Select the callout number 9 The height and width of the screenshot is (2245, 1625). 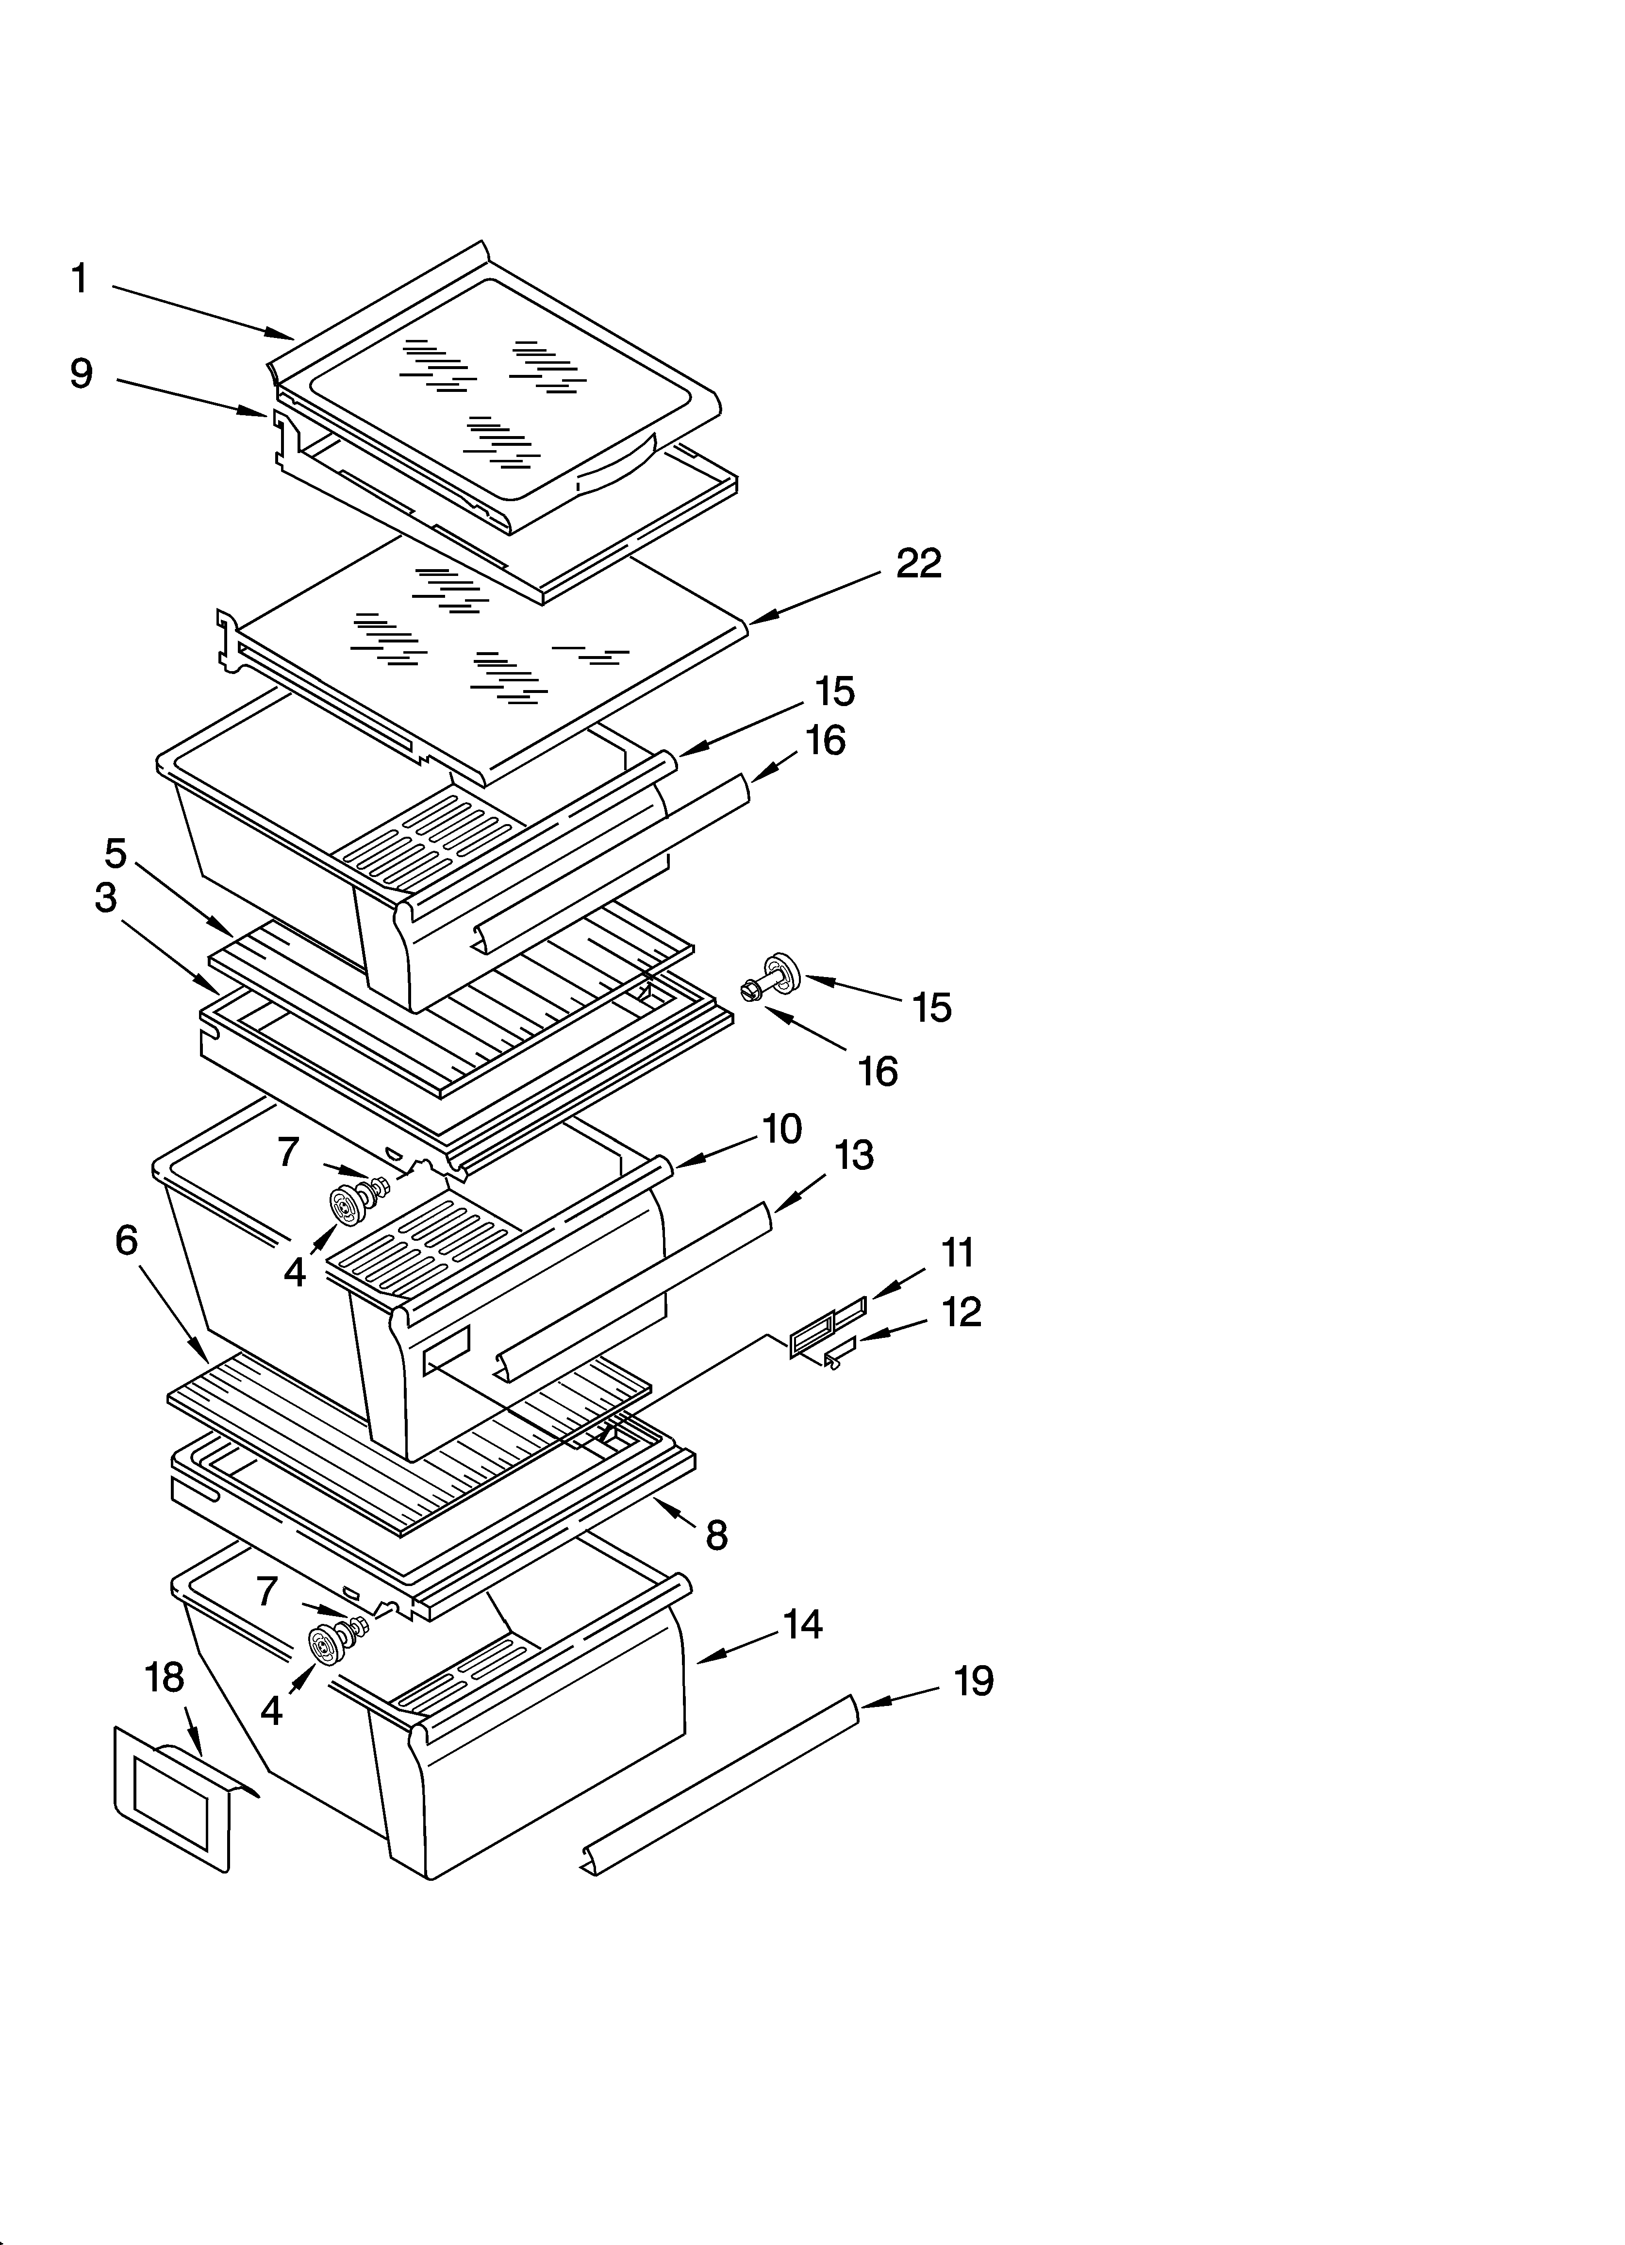[x=81, y=374]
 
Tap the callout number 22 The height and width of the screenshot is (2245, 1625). [x=918, y=564]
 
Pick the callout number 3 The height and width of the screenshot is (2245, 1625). [x=106, y=899]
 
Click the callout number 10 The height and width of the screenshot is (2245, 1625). [x=782, y=1130]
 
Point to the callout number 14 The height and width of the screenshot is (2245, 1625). [x=802, y=1624]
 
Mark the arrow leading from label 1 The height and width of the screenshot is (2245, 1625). [x=203, y=312]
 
